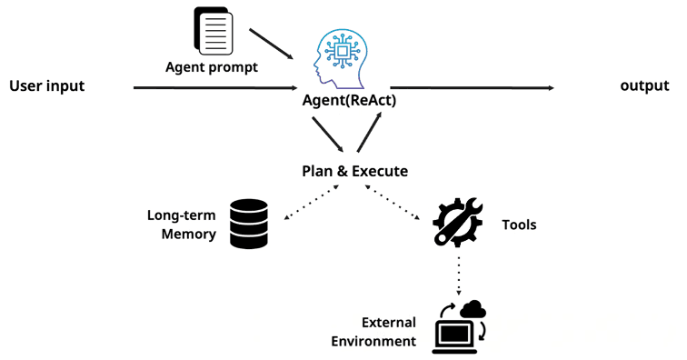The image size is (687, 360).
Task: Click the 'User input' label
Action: pyautogui.click(x=47, y=86)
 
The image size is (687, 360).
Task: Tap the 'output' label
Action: pyautogui.click(x=644, y=85)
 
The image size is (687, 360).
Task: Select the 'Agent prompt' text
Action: pyautogui.click(x=212, y=67)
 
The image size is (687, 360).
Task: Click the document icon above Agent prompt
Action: pyautogui.click(x=214, y=31)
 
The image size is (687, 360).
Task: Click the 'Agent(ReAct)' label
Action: pyautogui.click(x=349, y=100)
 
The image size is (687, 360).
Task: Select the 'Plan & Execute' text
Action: pyautogui.click(x=355, y=171)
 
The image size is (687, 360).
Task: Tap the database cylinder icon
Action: pyautogui.click(x=249, y=224)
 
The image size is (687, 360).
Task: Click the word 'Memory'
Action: pyautogui.click(x=188, y=235)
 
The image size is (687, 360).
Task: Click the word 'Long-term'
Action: pyautogui.click(x=182, y=215)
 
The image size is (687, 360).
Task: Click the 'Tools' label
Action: pyautogui.click(x=519, y=225)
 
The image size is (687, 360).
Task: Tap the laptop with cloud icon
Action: pyautogui.click(x=459, y=327)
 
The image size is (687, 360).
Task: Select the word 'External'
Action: pyautogui.click(x=389, y=323)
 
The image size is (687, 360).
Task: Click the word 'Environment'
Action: pyautogui.click(x=373, y=341)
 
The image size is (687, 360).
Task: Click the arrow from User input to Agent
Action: pyautogui.click(x=215, y=87)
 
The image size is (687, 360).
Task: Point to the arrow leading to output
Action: pyautogui.click(x=472, y=87)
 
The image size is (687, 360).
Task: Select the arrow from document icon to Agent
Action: pyautogui.click(x=271, y=44)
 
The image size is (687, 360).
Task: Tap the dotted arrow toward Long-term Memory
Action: pyautogui.click(x=312, y=202)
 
